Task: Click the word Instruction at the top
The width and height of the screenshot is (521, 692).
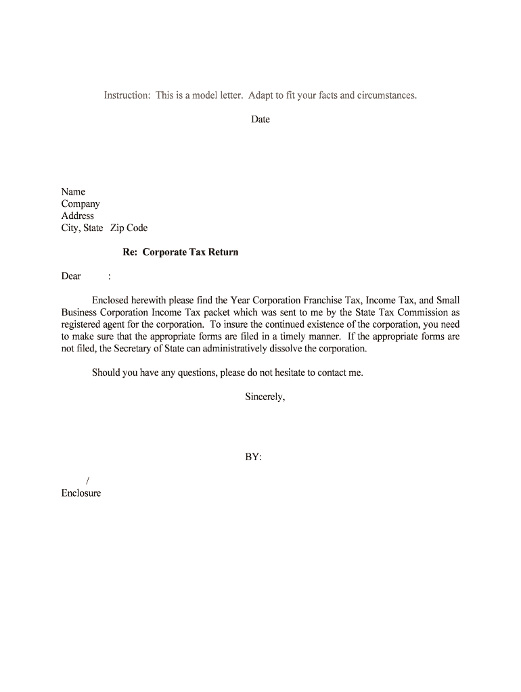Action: (x=127, y=95)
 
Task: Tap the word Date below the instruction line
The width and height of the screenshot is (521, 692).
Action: (x=260, y=120)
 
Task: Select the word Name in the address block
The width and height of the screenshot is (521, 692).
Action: (x=73, y=192)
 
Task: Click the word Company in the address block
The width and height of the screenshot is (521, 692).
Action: (x=81, y=204)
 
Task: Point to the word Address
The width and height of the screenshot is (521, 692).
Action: (x=78, y=216)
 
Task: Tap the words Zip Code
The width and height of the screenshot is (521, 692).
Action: (x=129, y=228)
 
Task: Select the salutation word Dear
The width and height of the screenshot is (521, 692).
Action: (x=71, y=276)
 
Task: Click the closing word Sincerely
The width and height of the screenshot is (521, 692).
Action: (x=265, y=397)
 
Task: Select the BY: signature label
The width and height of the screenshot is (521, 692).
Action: (x=253, y=458)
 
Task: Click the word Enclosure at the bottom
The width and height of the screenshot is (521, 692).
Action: (x=81, y=493)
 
